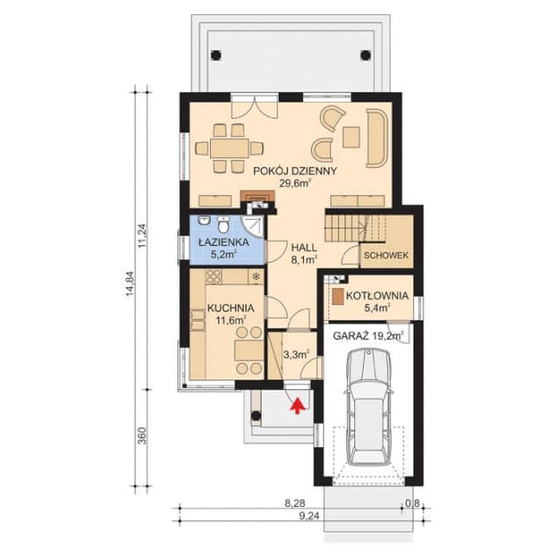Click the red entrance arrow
click(298, 406)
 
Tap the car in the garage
click(370, 407)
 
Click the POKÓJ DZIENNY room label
click(294, 171)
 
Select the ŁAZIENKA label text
click(223, 242)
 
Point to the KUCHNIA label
click(230, 308)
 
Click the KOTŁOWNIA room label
click(377, 295)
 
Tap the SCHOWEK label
click(387, 256)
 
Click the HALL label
click(304, 247)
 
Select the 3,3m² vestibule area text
click(296, 354)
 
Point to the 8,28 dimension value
click(295, 503)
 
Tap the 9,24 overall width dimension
click(308, 517)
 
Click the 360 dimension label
click(141, 436)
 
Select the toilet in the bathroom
click(223, 225)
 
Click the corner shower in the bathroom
click(253, 227)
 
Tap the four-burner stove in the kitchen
click(213, 277)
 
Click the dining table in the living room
click(229, 148)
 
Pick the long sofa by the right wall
click(376, 138)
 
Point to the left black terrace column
click(215, 55)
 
